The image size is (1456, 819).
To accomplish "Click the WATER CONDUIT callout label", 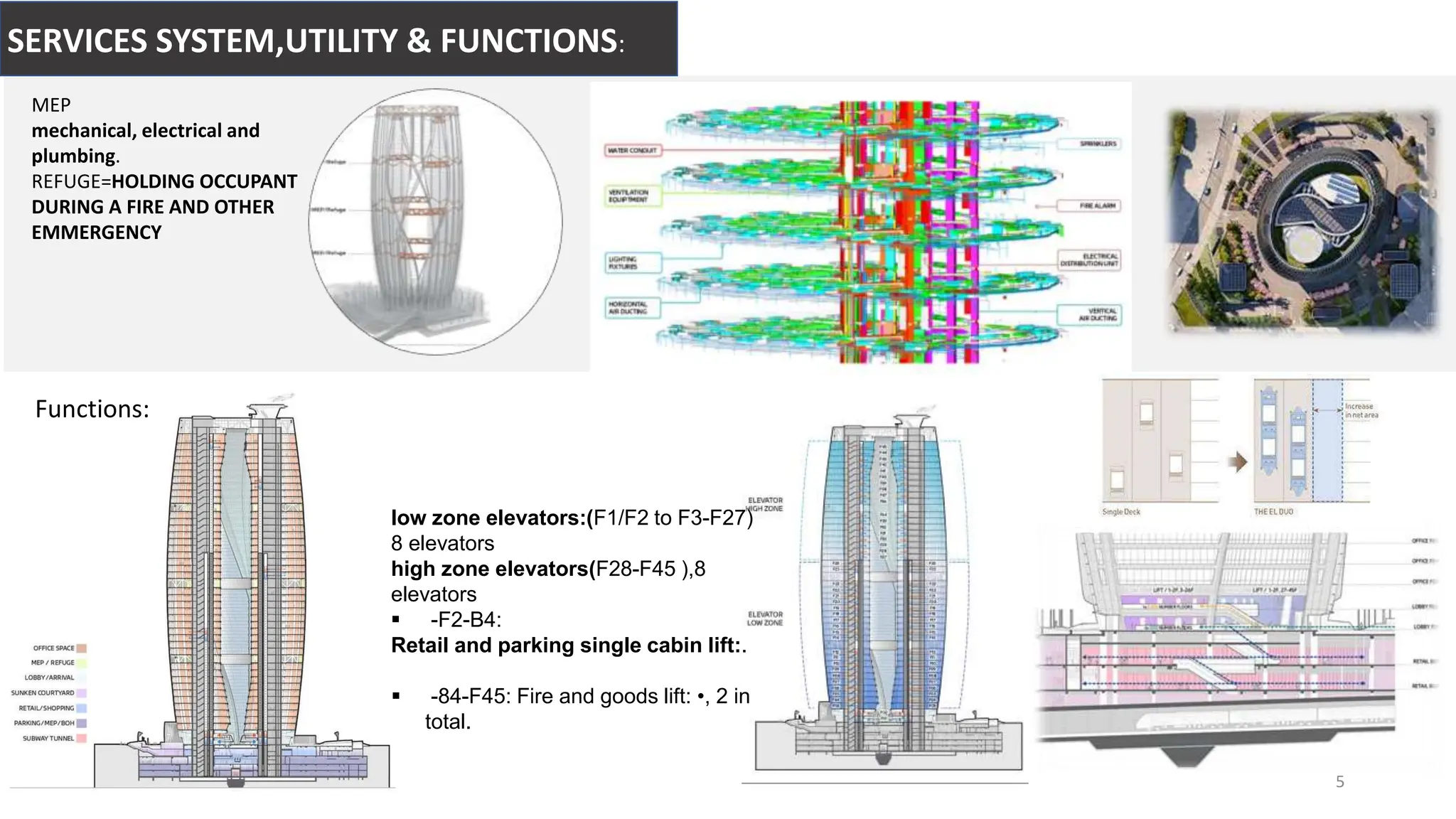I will tap(632, 151).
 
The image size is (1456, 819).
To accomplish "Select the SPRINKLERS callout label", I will tap(1098, 144).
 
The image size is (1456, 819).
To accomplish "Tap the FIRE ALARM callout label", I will tap(1098, 205).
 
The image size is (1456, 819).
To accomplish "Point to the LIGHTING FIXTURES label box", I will tap(631, 263).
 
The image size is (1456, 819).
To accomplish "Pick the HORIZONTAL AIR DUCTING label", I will tap(631, 308).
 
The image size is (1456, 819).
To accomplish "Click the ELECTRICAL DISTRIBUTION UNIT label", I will tap(1089, 259).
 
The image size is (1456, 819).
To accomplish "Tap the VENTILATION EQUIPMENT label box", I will tap(631, 196).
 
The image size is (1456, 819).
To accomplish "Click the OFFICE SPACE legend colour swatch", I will tap(82, 648).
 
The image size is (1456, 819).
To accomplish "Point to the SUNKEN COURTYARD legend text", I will tap(43, 692).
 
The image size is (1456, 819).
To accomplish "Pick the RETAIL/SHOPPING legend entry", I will tap(46, 708).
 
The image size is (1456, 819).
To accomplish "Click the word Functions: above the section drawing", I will tap(92, 409).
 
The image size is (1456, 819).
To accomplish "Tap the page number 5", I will tap(1339, 782).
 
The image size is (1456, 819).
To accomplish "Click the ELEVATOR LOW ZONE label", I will tap(765, 619).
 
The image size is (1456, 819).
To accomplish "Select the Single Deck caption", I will tap(1121, 512).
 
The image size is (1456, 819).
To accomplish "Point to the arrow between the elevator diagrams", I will tap(1238, 462).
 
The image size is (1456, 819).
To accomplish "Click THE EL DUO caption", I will tap(1273, 512).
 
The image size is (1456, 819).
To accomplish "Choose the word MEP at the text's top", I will tap(51, 105).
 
